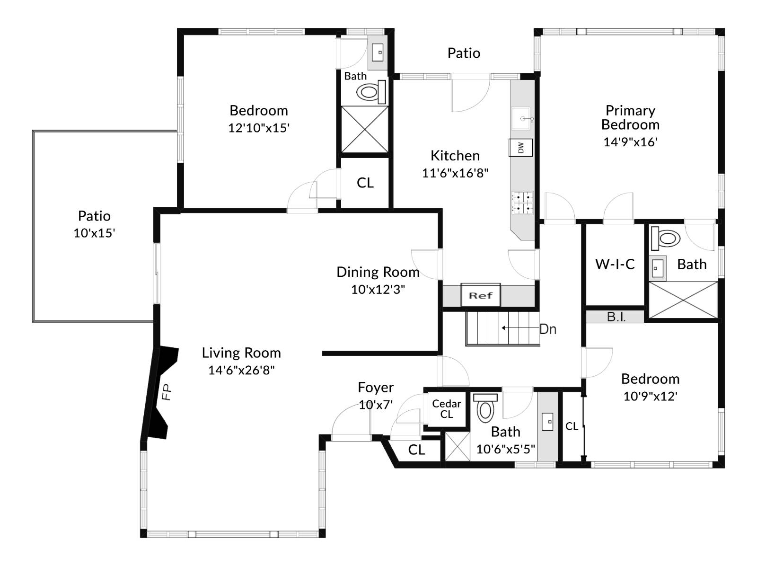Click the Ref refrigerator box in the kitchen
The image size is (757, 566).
click(x=480, y=295)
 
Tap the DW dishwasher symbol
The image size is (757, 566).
click(x=521, y=148)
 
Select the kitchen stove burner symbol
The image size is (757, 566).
click(x=522, y=203)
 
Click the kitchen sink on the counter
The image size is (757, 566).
click(x=522, y=118)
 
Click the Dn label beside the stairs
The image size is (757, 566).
click(x=547, y=329)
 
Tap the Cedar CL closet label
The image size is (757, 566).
click(x=446, y=409)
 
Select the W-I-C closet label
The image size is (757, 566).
click(x=615, y=264)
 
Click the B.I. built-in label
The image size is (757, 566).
click(x=616, y=317)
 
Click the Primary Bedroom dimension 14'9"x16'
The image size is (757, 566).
click(x=630, y=142)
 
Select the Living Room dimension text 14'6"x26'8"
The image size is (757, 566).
click(x=241, y=370)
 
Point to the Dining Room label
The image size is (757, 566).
click(x=378, y=272)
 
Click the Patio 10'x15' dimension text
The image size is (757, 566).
click(x=94, y=233)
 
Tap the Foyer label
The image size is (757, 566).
click(x=376, y=388)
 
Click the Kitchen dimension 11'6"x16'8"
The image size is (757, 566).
click(x=455, y=173)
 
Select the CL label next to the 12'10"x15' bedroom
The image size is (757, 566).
click(x=365, y=183)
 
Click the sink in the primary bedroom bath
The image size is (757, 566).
click(x=657, y=268)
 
